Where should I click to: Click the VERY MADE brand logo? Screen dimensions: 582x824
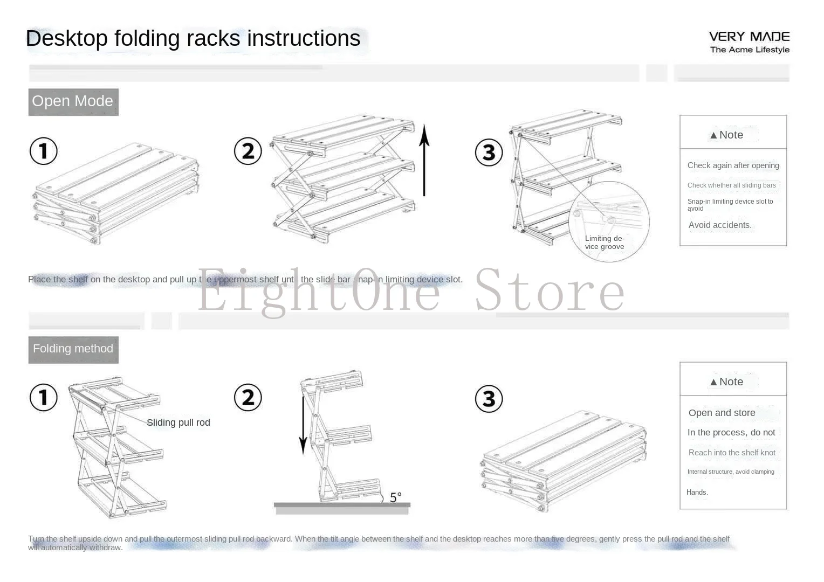tap(749, 37)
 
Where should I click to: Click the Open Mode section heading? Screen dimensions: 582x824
tap(73, 101)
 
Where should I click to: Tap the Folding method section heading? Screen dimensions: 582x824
tap(73, 349)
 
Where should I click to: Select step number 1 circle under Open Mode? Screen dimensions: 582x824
tap(44, 151)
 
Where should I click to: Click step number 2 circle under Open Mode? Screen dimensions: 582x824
tap(248, 151)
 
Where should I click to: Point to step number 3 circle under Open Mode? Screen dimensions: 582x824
tap(489, 153)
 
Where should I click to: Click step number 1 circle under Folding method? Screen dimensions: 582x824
tap(44, 398)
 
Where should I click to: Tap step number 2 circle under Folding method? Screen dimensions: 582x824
tap(248, 398)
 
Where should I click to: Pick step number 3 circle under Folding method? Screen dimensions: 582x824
tap(489, 399)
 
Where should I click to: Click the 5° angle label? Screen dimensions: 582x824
tap(395, 497)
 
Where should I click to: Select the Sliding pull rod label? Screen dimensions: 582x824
tap(178, 422)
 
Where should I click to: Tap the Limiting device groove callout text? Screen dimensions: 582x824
tap(605, 242)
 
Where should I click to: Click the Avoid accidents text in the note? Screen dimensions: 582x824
tap(720, 225)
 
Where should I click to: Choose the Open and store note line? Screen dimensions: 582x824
tap(722, 413)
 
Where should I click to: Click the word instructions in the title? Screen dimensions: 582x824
tap(304, 39)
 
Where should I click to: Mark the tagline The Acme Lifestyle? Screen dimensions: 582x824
tap(750, 50)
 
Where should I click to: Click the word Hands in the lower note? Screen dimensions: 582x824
tap(696, 493)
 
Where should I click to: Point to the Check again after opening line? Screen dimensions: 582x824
tap(733, 165)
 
